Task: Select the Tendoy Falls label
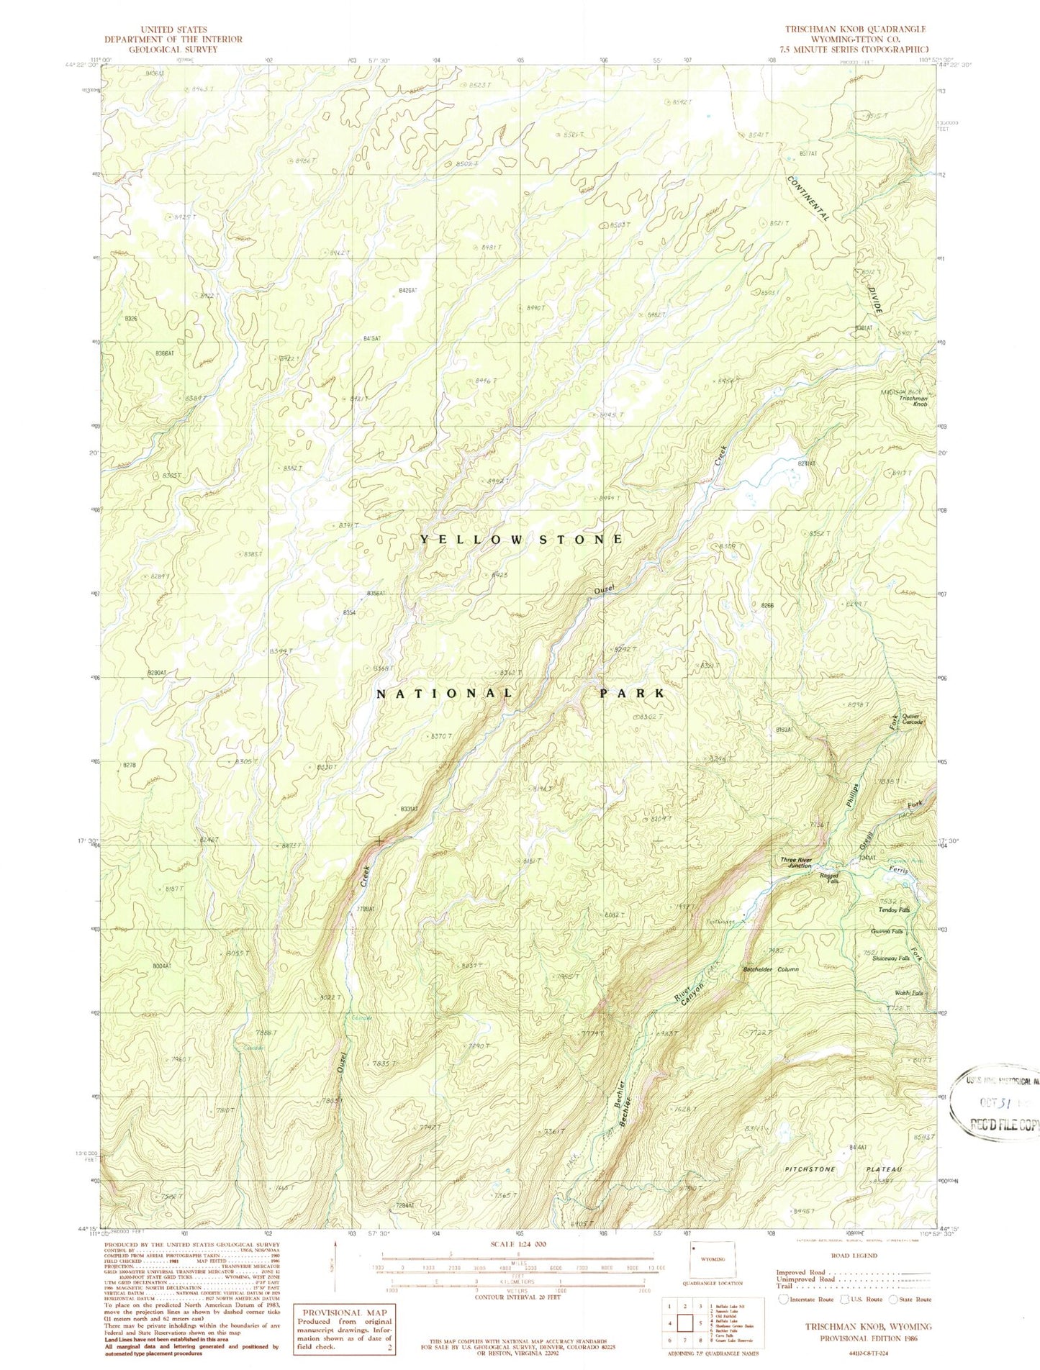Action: (895, 910)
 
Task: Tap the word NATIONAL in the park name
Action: (444, 694)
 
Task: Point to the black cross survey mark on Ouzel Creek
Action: (379, 840)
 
